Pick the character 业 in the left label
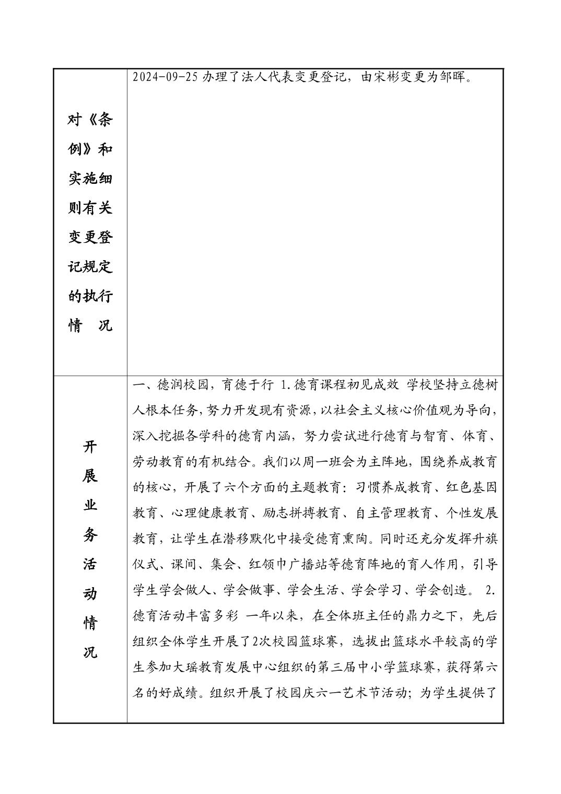pos(90,506)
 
